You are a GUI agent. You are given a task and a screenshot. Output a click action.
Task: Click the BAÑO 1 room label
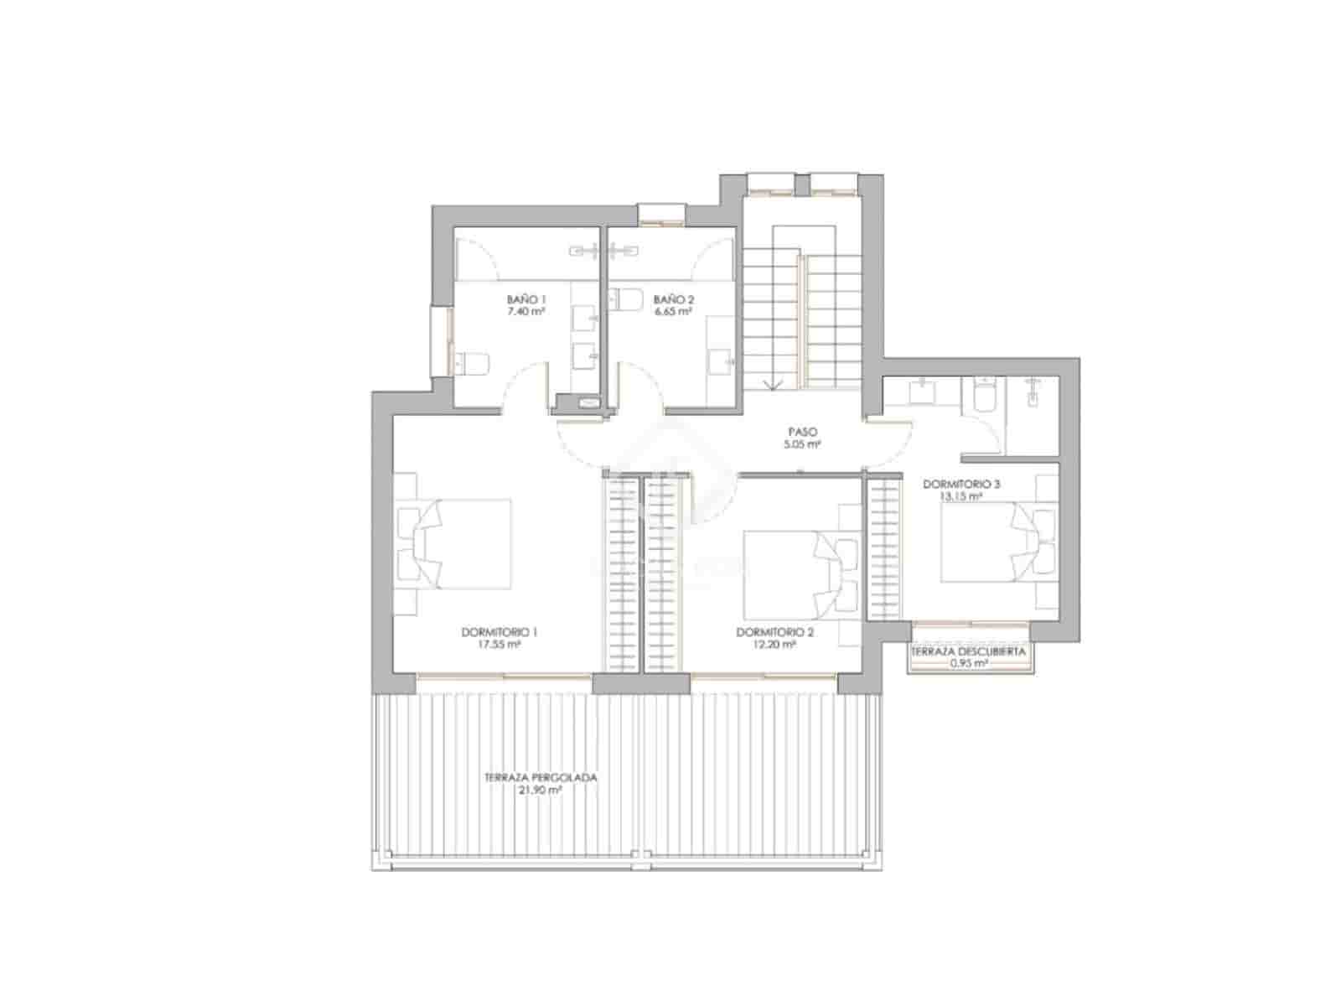click(526, 299)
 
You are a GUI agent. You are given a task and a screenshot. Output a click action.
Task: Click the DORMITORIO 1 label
click(499, 633)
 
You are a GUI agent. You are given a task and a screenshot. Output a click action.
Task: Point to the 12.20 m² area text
click(774, 646)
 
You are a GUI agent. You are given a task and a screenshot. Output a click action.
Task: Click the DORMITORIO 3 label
click(961, 484)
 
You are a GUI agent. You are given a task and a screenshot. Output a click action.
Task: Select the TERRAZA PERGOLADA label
click(541, 777)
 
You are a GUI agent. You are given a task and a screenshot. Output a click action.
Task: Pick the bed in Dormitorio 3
click(985, 541)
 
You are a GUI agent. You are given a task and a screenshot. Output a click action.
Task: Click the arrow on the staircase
click(772, 381)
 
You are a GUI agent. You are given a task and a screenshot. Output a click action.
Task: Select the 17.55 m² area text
click(499, 646)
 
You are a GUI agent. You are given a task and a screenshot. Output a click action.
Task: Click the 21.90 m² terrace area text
click(541, 790)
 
